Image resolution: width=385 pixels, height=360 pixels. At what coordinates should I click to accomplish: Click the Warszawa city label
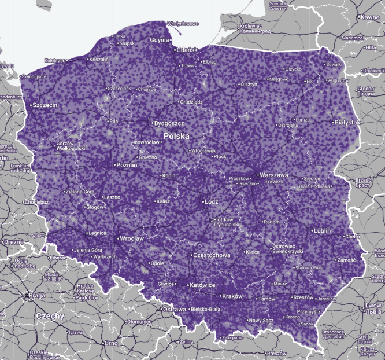pos(274,174)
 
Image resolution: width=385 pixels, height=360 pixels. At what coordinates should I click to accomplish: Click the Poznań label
pos(127,165)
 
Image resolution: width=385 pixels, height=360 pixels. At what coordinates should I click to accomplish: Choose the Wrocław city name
pos(131,238)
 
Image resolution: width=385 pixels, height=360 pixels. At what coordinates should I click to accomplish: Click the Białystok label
pos(347,123)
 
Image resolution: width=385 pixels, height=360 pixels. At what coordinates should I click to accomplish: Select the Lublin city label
pos(322,230)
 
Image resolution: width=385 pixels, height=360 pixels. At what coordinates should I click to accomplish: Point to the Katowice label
pos(201,285)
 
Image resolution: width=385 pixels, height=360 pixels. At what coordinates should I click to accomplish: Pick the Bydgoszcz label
pos(169,123)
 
